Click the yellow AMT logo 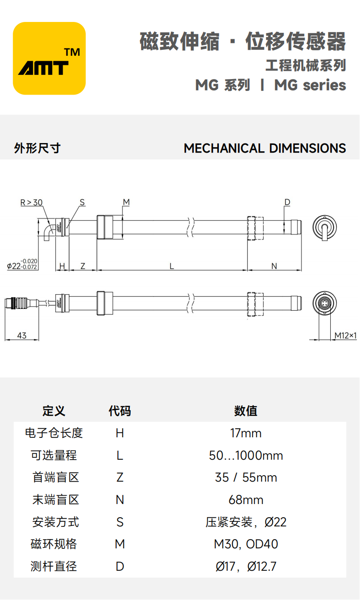[49, 58]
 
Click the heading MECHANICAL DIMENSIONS [265, 148]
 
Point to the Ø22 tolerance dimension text [22, 264]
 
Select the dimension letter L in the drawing [172, 266]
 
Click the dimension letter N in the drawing [274, 266]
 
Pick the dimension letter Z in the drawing [83, 266]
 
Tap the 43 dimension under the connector [21, 335]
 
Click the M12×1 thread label [345, 335]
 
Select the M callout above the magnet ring [127, 202]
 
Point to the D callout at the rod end [287, 202]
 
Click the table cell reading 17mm [246, 433]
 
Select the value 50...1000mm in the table [246, 455]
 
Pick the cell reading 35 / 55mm [246, 478]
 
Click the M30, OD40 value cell [246, 544]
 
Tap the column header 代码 [120, 411]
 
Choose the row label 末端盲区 [56, 500]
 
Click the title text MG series [310, 85]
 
